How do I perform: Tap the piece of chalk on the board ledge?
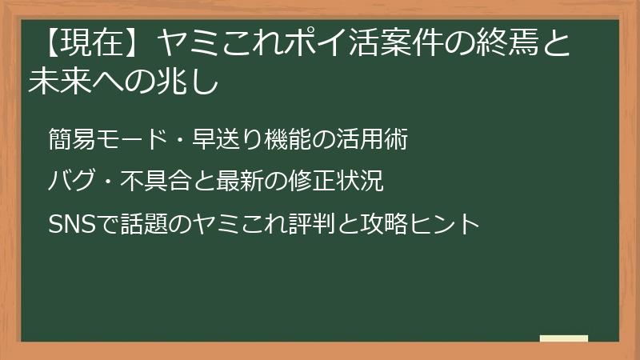coord(564,338)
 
